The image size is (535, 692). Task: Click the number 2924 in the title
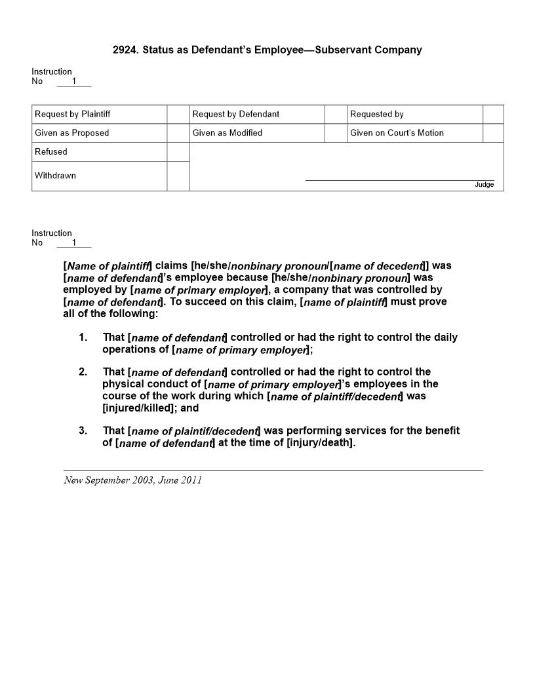coord(125,50)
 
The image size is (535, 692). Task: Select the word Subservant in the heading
coord(342,50)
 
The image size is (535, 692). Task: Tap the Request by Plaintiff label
coord(73,114)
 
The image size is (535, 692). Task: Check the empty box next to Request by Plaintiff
coord(178,114)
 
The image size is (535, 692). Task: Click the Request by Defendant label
coord(236,114)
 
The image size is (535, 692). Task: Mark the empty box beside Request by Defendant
coord(336,114)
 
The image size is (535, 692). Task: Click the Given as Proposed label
coord(72,133)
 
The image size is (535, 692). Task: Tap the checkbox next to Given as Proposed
coord(178,133)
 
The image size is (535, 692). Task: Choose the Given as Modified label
coord(228,133)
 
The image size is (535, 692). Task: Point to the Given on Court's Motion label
coord(397,133)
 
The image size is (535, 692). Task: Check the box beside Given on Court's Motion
coord(493,133)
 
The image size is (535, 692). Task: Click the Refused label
coord(51,152)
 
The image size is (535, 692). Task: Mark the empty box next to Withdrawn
coord(178,176)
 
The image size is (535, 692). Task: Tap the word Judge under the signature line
coord(484,185)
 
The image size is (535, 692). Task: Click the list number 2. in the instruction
coord(83,372)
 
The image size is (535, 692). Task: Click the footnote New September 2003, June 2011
coord(133,480)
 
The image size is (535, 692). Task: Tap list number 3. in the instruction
coord(83,431)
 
